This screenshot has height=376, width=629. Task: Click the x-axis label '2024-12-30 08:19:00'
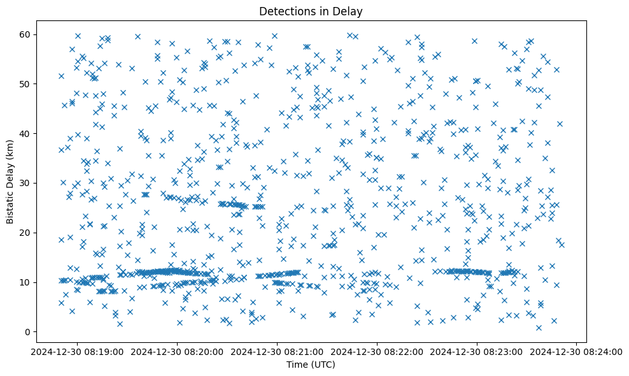[x=77, y=351]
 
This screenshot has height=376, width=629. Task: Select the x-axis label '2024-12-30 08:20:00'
[x=177, y=351]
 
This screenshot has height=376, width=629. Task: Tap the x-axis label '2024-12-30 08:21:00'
[x=277, y=351]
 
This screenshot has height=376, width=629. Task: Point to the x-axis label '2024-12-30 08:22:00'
[x=377, y=351]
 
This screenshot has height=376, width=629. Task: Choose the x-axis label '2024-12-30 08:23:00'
[x=477, y=351]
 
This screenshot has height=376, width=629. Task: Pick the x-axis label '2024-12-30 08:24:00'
[x=577, y=351]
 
